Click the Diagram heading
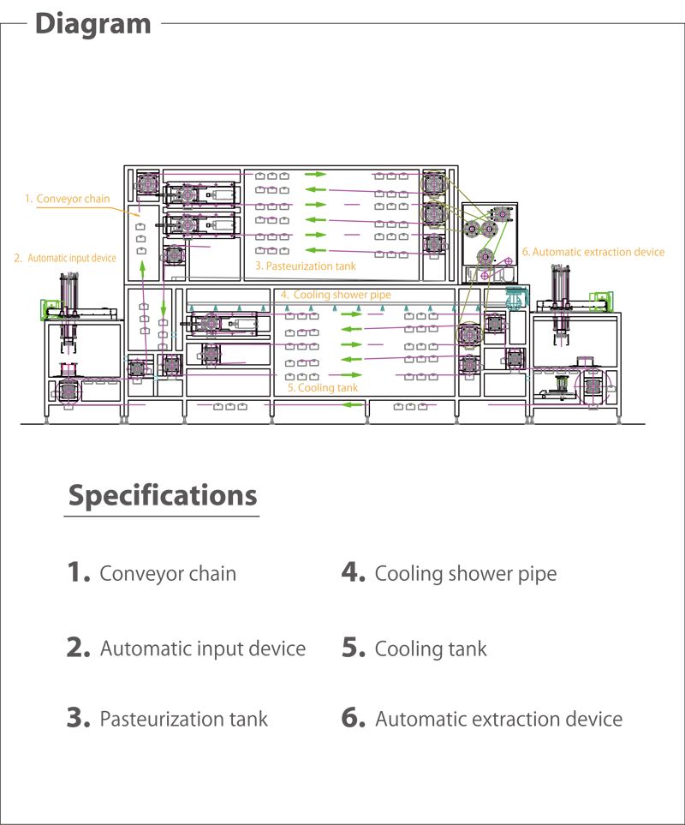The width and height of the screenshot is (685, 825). (x=93, y=23)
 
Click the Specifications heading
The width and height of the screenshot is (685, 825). (x=162, y=495)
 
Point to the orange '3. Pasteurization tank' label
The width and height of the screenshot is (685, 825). (x=305, y=266)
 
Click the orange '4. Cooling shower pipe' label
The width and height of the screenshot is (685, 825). (x=336, y=295)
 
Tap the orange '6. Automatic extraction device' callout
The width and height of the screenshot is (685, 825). (x=593, y=252)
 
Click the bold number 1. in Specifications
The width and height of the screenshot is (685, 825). (x=79, y=572)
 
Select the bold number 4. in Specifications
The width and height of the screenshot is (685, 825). (x=354, y=572)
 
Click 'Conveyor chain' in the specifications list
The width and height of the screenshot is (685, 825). (x=168, y=573)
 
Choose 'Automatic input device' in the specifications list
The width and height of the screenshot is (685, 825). (x=203, y=649)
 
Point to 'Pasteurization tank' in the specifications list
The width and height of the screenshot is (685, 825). (x=184, y=719)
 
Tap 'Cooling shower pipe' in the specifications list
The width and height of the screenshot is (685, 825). (x=466, y=573)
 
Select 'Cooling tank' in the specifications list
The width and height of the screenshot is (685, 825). (x=431, y=649)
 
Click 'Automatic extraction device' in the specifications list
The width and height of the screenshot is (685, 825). (x=498, y=719)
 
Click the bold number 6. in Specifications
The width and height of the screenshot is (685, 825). (x=354, y=718)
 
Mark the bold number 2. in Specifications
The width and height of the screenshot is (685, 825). (x=79, y=648)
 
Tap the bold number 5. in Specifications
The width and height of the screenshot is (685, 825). (x=354, y=648)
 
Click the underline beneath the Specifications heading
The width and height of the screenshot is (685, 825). (x=162, y=517)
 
